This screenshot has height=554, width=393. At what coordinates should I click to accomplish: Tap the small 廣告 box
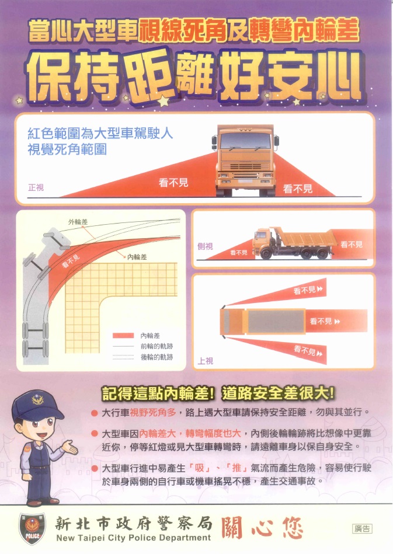coord(362,529)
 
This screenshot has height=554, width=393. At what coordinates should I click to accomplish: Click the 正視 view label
coord(36,188)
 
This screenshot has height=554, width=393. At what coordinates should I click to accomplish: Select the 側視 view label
coord(206,246)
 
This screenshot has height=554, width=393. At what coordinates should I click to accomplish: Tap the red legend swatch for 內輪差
coord(125,336)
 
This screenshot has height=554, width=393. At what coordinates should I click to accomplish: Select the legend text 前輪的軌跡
coord(156,346)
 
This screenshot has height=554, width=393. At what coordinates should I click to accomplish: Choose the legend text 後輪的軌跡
coord(156,357)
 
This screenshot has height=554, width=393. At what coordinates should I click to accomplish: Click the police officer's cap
coord(36,402)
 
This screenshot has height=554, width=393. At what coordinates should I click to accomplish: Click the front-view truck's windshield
coord(245,141)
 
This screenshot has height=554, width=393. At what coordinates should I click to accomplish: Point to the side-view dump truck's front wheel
coord(266,253)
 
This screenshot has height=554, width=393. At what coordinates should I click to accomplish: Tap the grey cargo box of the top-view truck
coord(276,322)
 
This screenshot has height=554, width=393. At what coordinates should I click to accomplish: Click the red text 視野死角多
coord(152,413)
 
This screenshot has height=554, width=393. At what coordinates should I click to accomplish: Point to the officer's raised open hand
coord(71,448)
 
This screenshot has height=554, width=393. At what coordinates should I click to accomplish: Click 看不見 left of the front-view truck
coord(173,183)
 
